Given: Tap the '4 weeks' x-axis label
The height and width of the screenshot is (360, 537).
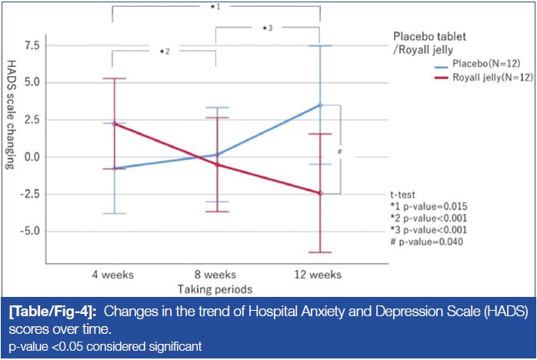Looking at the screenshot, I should coord(114,275).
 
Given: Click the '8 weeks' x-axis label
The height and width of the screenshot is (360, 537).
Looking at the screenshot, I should coord(216,275).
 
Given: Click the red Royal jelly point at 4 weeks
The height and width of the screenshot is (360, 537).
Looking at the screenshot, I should coord(114,124).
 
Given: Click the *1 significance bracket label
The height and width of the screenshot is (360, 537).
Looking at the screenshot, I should coord(216,6).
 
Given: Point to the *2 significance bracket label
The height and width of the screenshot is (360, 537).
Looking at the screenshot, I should coord(165,52).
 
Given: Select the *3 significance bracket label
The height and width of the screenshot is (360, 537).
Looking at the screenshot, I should coord(268,28).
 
